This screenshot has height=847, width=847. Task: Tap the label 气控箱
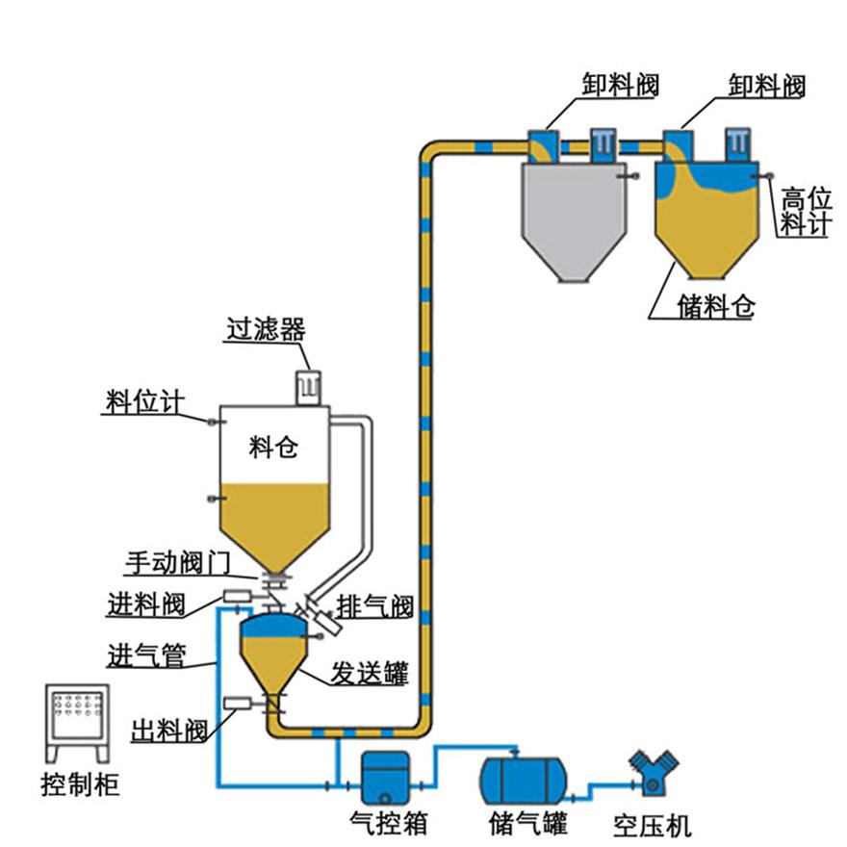[x=387, y=824]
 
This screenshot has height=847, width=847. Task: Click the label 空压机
[x=654, y=825]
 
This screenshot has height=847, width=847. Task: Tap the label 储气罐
[x=527, y=824]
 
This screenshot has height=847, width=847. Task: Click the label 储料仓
[x=716, y=307]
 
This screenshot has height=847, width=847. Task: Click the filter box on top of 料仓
[x=307, y=385]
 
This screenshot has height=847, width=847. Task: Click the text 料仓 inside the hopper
[x=274, y=448]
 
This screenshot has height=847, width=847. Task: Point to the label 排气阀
[x=374, y=607]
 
